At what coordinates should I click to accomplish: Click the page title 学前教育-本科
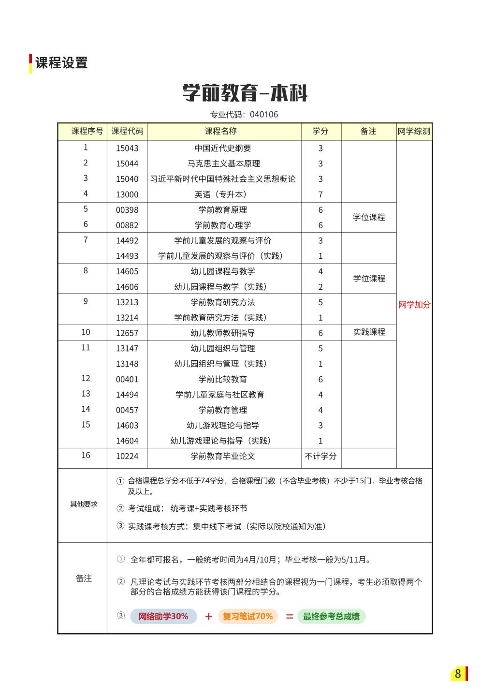(245, 93)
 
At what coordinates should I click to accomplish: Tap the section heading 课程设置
(61, 63)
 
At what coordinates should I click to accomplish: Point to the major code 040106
(264, 115)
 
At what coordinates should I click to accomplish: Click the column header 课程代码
(127, 131)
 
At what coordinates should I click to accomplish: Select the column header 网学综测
(414, 131)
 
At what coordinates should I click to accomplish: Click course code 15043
(127, 148)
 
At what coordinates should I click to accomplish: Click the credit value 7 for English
(320, 194)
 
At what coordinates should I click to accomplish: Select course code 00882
(127, 225)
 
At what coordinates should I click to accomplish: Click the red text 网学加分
(414, 305)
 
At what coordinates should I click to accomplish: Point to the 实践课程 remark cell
(369, 332)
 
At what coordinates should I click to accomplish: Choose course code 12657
(127, 333)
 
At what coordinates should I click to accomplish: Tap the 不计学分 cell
(320, 456)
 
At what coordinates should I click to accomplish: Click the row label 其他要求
(84, 504)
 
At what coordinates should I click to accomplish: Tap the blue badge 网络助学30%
(163, 616)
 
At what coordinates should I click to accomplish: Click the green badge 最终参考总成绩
(331, 616)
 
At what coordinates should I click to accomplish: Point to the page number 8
(458, 673)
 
